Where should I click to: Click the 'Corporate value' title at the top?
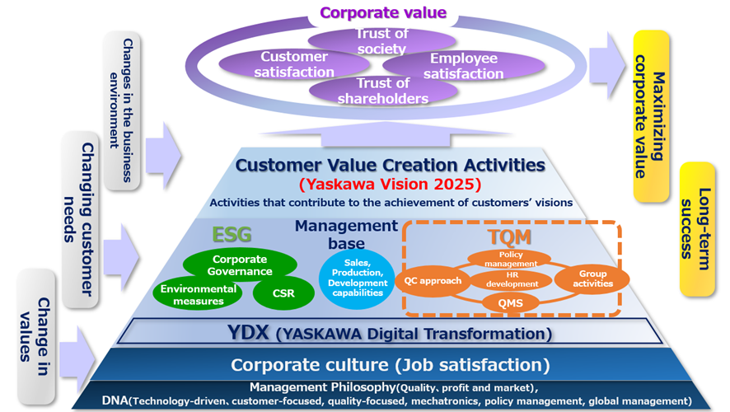coord(382,12)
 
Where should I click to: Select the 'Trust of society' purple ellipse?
coord(381,41)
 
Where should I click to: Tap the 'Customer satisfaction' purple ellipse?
coord(294,65)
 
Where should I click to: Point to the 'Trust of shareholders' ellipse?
coord(382,91)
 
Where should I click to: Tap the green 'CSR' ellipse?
coord(283,291)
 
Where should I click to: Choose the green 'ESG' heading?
coord(232,235)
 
